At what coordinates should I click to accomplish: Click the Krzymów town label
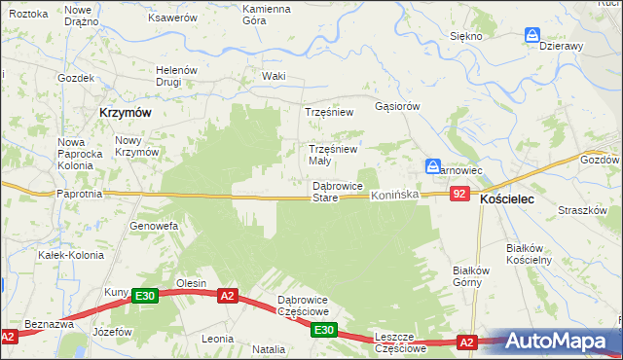[x=125, y=113]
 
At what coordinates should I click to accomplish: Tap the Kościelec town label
[x=512, y=198]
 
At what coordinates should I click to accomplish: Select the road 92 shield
[x=461, y=195]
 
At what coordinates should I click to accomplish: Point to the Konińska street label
[x=394, y=196]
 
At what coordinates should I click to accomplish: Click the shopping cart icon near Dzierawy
[x=532, y=35]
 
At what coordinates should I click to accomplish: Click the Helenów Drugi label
[x=177, y=76]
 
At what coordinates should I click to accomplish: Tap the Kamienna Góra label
[x=266, y=15]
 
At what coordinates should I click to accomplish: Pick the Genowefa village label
[x=153, y=226]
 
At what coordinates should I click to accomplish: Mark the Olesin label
[x=190, y=283]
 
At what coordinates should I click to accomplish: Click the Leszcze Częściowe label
[x=401, y=342]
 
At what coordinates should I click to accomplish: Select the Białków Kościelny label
[x=530, y=254]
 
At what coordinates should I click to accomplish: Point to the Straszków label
[x=584, y=210]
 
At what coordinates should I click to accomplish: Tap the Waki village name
[x=274, y=76]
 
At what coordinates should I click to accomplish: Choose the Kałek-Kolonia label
[x=64, y=255]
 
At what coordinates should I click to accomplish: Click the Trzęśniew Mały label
[x=333, y=155]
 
